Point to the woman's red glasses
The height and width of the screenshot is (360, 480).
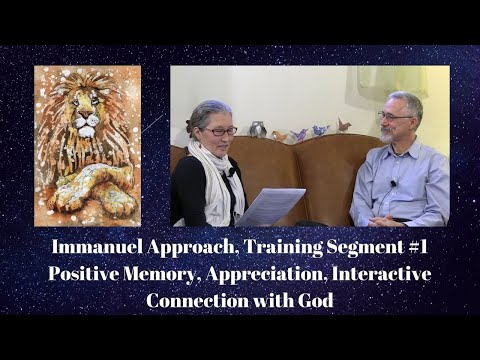click(x=221, y=130)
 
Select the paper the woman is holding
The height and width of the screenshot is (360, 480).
click(x=269, y=206)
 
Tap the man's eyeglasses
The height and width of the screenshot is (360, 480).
click(x=393, y=117)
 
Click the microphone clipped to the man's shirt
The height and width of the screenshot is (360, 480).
click(x=393, y=184)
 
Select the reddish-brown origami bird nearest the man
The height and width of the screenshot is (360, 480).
click(x=343, y=126)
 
